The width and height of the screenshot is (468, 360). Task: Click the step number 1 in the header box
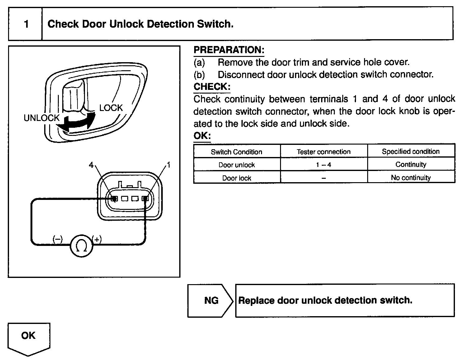click(26, 24)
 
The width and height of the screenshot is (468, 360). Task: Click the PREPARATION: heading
click(229, 50)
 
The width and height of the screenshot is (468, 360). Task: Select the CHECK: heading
click(212, 87)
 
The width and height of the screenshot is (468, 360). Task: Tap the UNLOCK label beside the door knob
click(41, 118)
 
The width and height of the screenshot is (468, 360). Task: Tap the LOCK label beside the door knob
click(111, 108)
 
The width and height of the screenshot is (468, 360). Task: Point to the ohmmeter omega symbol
click(82, 246)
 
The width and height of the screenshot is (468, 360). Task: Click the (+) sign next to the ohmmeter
click(97, 239)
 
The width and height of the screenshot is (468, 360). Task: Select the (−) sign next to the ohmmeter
click(58, 239)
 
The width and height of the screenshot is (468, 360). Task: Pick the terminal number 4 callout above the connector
click(91, 165)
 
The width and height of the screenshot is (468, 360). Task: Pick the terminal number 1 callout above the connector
click(169, 165)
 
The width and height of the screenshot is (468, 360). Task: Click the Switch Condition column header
click(236, 152)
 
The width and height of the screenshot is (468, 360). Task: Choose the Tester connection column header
click(324, 152)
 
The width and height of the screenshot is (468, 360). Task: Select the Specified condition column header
click(411, 151)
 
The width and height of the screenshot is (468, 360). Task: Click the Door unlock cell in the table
click(236, 165)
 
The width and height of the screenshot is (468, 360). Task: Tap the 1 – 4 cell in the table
click(324, 165)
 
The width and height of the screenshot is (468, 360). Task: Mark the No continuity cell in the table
click(411, 178)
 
